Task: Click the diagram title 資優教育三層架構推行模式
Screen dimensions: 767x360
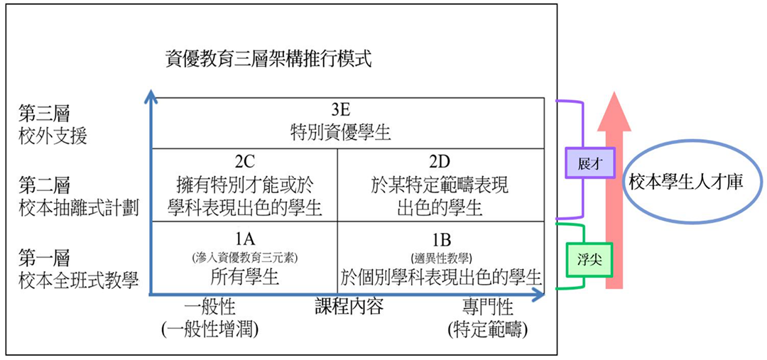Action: coord(269,60)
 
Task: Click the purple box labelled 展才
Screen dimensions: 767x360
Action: coord(589,162)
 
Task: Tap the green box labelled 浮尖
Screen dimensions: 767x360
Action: coord(589,260)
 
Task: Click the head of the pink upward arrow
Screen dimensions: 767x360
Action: coord(614,111)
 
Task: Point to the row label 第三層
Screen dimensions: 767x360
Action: coord(45,114)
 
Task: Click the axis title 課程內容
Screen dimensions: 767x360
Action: coord(348,307)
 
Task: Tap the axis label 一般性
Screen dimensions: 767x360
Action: coord(210,308)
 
